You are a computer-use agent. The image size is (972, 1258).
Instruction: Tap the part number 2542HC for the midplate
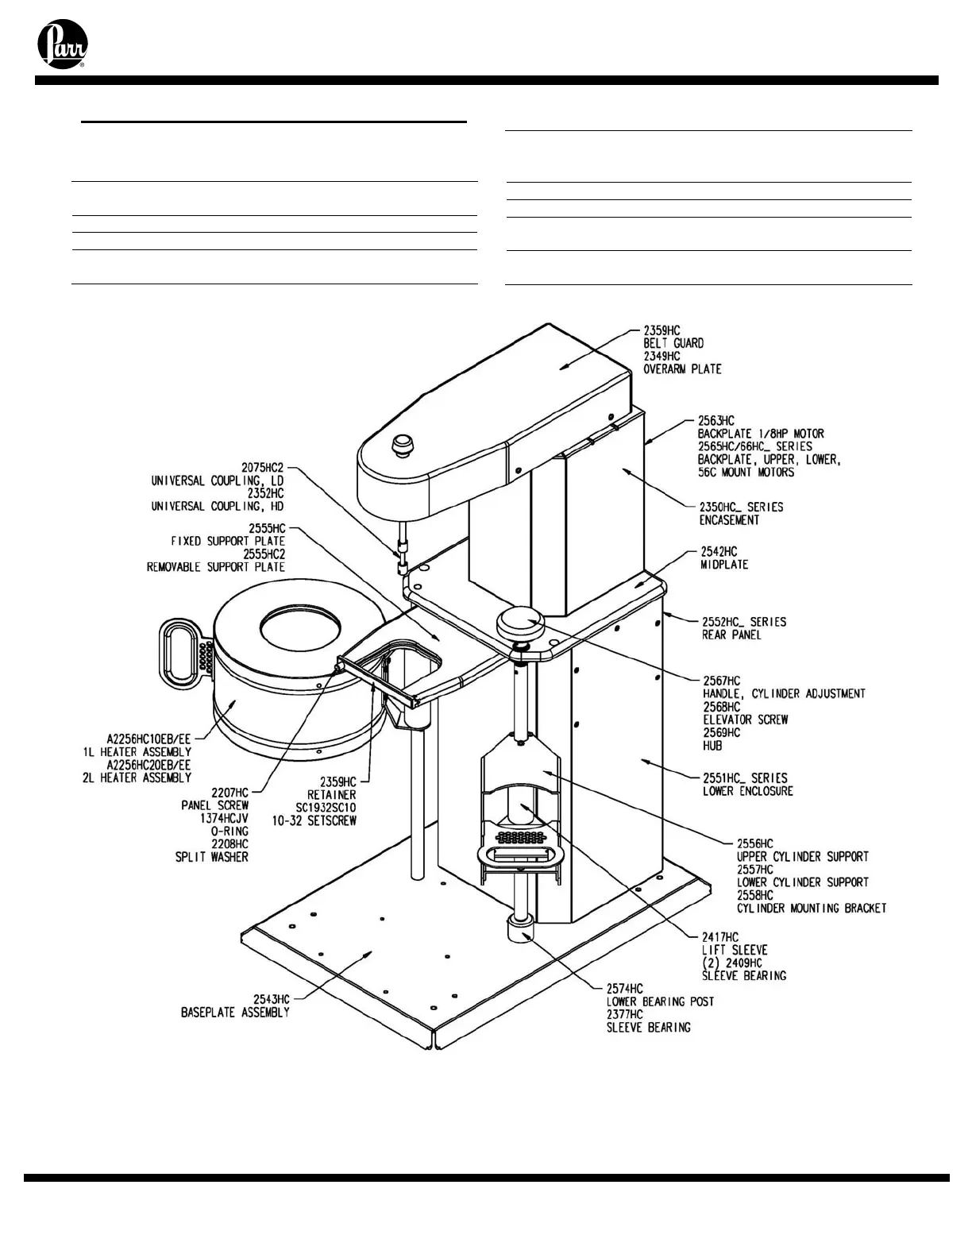coord(718,551)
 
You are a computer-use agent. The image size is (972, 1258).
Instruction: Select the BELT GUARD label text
coord(673,343)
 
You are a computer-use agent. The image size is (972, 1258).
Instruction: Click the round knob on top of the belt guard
coord(404,444)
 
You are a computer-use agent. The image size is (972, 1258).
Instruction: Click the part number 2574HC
coord(624,989)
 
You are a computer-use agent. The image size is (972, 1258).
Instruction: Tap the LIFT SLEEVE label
coord(734,950)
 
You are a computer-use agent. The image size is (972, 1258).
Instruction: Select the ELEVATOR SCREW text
coord(745,720)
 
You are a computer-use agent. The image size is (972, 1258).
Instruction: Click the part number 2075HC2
coord(262,468)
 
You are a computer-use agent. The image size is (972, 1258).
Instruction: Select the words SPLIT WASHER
coord(211,857)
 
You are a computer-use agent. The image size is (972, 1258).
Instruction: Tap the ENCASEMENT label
coord(728,520)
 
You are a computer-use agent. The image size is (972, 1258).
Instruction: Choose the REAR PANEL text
coord(731,635)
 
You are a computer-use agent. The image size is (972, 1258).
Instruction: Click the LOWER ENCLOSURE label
coord(747,791)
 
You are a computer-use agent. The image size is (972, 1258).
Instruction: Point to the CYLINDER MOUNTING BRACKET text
coord(811,908)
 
